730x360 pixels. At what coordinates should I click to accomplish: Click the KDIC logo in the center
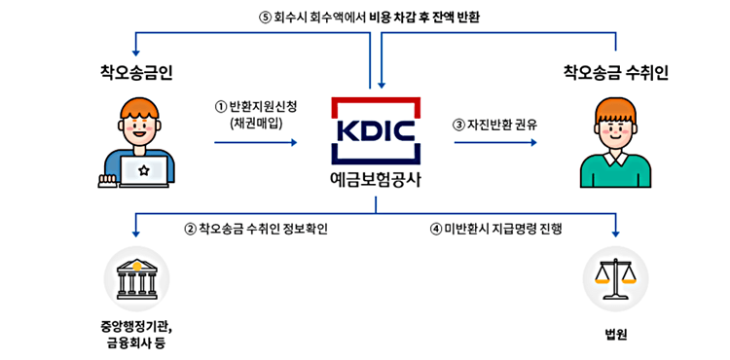(375, 130)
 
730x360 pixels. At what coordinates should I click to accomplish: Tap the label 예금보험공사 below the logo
(375, 180)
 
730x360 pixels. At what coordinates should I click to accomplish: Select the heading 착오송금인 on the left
(136, 72)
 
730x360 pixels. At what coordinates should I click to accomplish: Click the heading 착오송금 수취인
(615, 72)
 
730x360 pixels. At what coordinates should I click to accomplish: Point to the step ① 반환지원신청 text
(256, 105)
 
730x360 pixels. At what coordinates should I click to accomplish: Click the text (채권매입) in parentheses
(257, 123)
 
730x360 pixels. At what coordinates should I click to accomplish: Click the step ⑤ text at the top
(370, 17)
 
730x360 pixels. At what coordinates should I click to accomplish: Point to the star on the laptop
(143, 171)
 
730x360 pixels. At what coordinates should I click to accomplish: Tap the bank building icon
(136, 280)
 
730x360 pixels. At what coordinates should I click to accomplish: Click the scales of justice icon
(615, 280)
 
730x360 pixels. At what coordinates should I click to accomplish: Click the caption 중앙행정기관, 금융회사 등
(136, 334)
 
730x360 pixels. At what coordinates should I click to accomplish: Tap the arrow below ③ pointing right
(495, 142)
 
